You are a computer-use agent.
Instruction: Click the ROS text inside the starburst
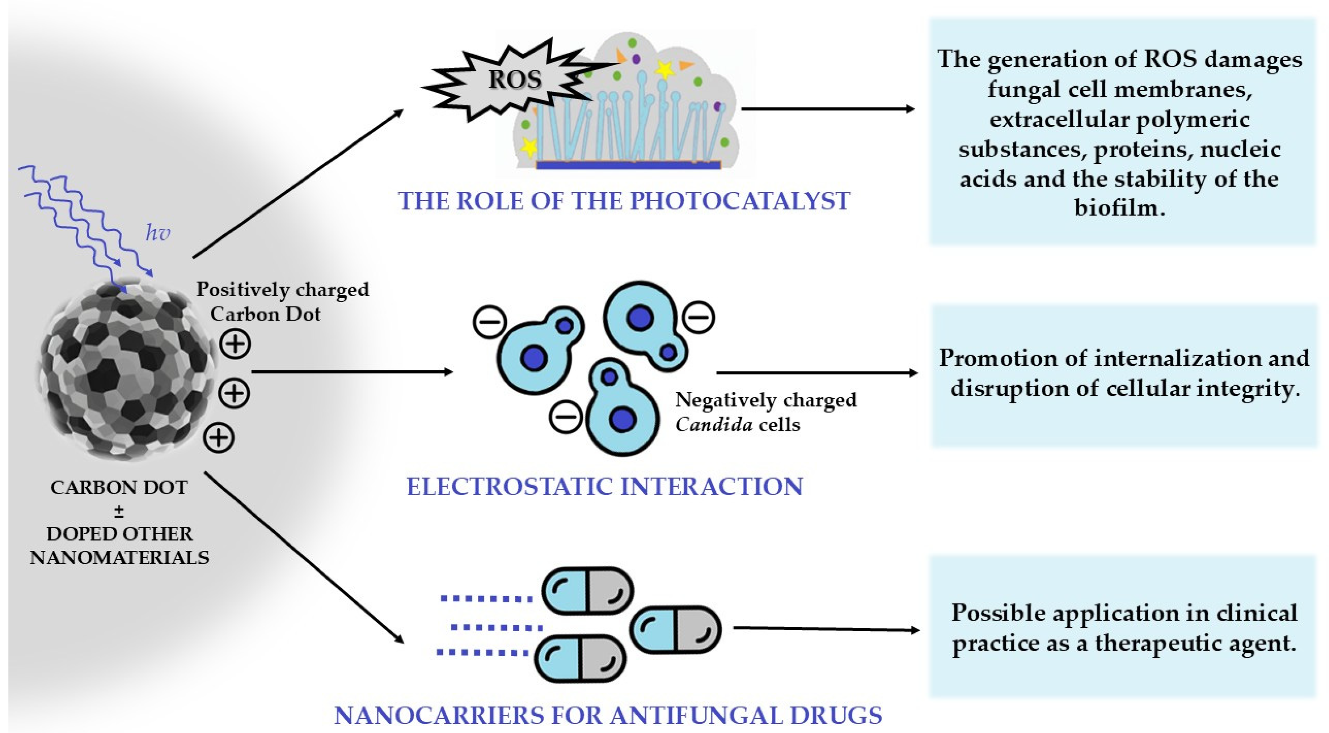click(x=514, y=79)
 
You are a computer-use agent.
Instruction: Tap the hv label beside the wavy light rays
click(x=157, y=233)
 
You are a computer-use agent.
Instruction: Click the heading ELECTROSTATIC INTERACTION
click(x=604, y=486)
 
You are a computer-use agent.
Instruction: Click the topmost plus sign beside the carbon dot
click(x=235, y=344)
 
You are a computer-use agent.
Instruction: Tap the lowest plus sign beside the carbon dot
click(x=219, y=438)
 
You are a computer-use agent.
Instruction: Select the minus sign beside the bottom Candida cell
click(x=565, y=416)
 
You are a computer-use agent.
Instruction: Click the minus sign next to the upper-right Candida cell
click(x=699, y=316)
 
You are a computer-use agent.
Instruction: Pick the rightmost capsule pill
click(x=675, y=629)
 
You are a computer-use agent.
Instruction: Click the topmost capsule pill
click(x=587, y=591)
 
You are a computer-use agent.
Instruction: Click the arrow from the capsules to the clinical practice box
click(x=826, y=629)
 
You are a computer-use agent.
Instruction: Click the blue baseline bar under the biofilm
click(x=628, y=165)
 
